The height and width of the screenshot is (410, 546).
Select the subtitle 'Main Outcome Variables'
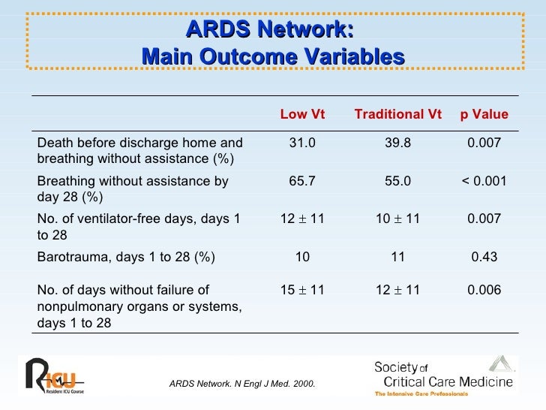pos(272,56)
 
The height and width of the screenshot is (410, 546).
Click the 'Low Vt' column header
pos(302,114)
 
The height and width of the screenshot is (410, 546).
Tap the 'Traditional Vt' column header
pos(397,114)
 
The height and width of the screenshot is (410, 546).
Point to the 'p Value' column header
pos(484,114)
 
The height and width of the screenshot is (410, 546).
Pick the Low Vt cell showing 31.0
pos(302,143)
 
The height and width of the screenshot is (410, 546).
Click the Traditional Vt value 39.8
pos(397,143)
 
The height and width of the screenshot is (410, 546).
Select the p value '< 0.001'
pos(484,181)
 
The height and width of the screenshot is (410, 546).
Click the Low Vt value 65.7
pos(302,181)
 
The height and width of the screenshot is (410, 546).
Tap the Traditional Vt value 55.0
pos(397,181)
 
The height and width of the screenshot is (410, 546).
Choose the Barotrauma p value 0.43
pos(484,257)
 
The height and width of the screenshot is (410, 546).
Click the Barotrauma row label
pos(126,257)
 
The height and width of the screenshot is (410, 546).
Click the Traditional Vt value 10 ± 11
pos(397,219)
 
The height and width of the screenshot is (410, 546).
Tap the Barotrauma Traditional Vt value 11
pos(397,257)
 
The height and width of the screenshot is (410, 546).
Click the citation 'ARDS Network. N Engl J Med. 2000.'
pos(242,384)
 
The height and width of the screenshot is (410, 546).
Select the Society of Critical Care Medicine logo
pos(444,378)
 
